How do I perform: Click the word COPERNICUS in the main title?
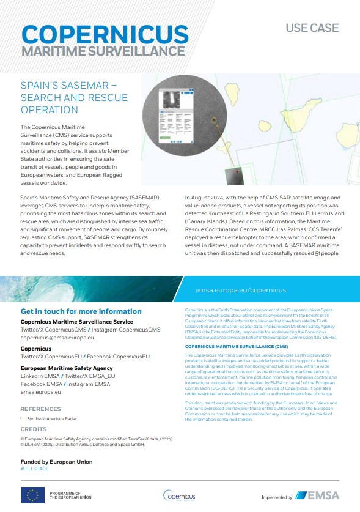pos(105,34)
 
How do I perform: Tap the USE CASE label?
pos(312,28)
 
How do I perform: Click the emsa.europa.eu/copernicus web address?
pos(241,291)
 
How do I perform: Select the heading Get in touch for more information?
pos(81,311)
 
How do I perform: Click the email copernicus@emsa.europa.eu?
pos(57,337)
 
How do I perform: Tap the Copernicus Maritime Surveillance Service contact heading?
pos(76,321)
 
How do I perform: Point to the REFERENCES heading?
pos(41,409)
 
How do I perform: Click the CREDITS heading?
pos(34,430)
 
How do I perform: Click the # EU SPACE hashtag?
pos(35,469)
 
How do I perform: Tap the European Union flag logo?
pos(32,495)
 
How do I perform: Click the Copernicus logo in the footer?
pos(179,495)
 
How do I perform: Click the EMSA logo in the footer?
pos(317,495)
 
